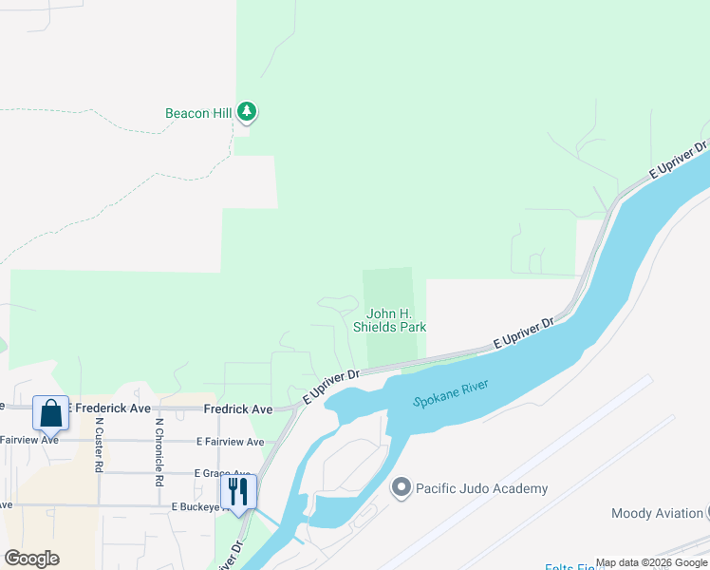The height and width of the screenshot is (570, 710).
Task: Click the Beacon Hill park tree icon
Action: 247,112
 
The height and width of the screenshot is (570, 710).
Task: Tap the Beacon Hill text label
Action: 198,113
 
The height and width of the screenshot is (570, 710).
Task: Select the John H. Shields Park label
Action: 389,320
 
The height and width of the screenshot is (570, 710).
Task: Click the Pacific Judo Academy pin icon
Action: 401,488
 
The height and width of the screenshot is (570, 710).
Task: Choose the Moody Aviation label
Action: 657,513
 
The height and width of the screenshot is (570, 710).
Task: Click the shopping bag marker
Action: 51,413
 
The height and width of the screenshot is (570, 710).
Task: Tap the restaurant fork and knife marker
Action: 238,492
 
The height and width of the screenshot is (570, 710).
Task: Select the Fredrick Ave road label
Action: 237,408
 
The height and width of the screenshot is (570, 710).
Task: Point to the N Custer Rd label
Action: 98,446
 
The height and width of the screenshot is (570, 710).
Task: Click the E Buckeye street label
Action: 198,507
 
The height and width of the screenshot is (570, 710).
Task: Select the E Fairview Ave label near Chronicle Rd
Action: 230,442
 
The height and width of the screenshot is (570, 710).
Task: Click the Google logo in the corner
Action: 31,558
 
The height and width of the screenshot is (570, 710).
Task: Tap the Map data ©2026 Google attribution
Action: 651,563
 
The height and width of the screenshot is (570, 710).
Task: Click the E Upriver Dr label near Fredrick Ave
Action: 330,387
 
